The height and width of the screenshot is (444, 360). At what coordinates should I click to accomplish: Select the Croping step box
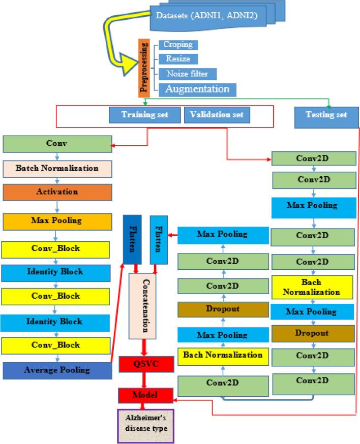pos(177,45)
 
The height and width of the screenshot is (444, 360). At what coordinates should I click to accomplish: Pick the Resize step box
pos(177,59)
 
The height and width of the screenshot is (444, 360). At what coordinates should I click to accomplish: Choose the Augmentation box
pos(197,89)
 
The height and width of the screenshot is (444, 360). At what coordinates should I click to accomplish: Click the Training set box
pos(144,115)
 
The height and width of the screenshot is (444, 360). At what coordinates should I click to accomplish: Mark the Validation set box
pos(216,115)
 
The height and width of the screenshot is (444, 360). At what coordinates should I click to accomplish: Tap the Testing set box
pos(326,115)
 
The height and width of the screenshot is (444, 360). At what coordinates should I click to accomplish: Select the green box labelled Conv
pos(57,144)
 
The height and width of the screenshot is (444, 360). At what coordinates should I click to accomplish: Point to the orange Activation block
pos(57,193)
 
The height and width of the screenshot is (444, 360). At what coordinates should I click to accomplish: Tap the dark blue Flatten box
pos(132,239)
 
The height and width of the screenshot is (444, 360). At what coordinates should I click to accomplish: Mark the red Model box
pos(145,394)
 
